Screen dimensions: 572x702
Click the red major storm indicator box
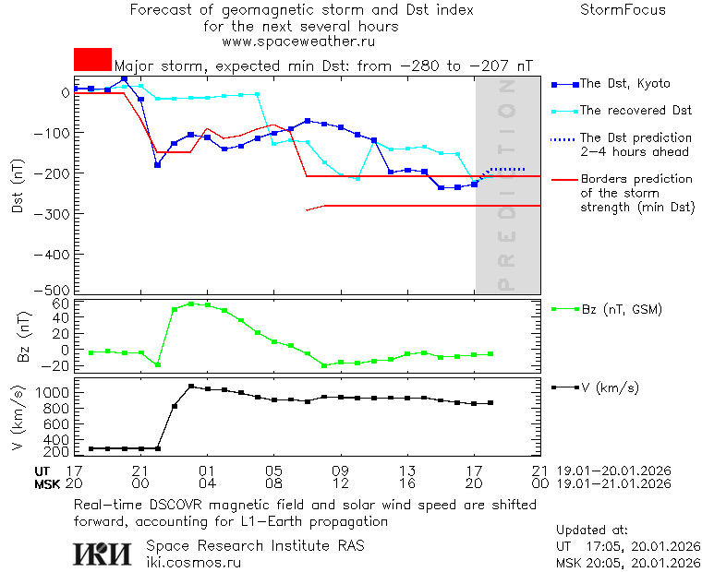coord(92,59)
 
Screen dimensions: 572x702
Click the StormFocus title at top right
coord(623,10)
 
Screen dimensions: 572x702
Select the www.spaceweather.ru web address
coord(298,42)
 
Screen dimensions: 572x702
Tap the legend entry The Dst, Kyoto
coord(624,84)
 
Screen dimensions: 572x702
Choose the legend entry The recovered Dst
coord(635,111)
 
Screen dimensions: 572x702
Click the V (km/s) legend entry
coord(611,387)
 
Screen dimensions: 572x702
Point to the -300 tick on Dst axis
coord(53,213)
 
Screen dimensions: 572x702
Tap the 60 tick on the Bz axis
coord(61,304)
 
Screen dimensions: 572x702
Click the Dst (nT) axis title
coord(18,189)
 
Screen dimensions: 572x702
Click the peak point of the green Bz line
coord(190,304)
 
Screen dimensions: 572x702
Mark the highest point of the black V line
coord(190,387)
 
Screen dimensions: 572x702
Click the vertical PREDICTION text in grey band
coord(505,185)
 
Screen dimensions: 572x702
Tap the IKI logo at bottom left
coord(104,554)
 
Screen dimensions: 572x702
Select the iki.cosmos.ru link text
coord(193,562)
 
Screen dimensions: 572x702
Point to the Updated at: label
coord(592,530)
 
